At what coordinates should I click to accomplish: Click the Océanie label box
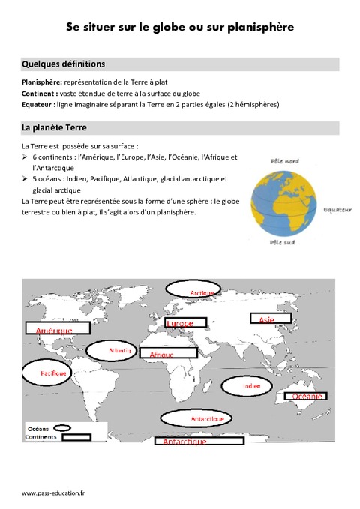[x=307, y=396]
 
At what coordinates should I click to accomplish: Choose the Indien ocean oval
[x=251, y=385]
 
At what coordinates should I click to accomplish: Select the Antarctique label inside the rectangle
[x=201, y=442]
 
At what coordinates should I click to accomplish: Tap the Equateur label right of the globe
[x=337, y=211]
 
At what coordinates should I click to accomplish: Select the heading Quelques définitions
[x=64, y=64]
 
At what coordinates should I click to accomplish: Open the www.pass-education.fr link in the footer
[x=53, y=493]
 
